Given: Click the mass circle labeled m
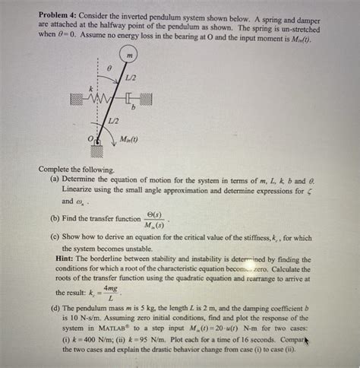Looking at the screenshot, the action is [x=130, y=56].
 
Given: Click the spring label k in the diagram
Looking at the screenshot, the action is [x=90, y=88].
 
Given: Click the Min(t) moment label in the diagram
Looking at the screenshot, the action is [x=131, y=140].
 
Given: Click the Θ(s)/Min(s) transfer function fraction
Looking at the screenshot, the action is [x=156, y=220].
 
